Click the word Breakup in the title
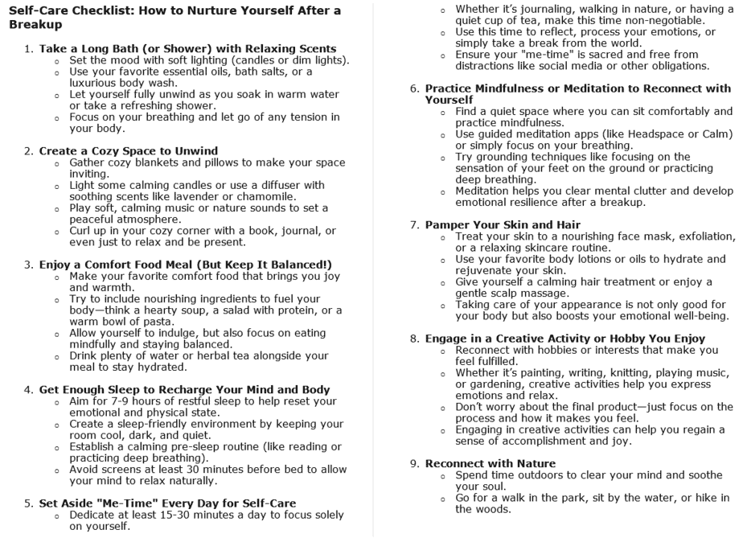point(32,25)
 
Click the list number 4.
point(28,390)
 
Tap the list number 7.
point(414,224)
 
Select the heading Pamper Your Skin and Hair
point(503,224)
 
